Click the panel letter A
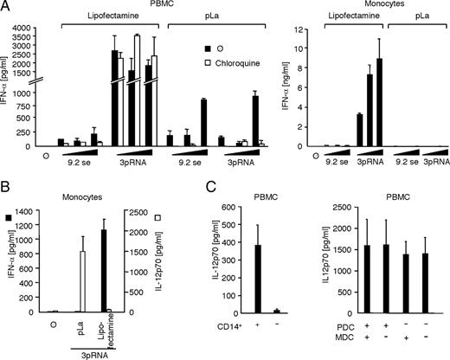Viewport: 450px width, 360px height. coord(6,7)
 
